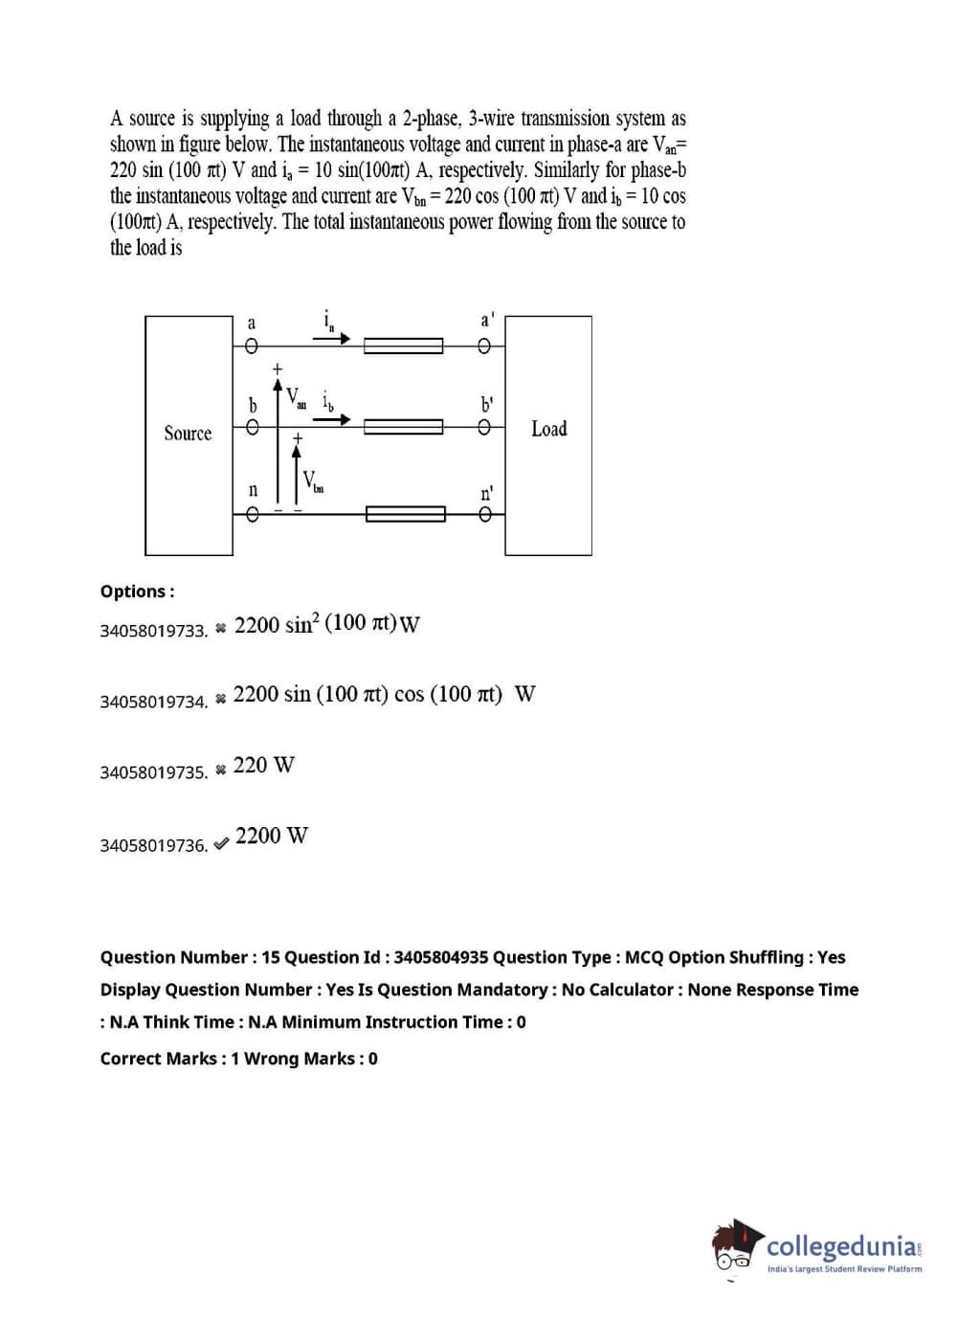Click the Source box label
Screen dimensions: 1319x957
click(x=188, y=434)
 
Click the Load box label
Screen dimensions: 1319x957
click(x=548, y=429)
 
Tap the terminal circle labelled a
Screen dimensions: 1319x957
click(x=252, y=347)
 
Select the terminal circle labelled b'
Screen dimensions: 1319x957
click(x=485, y=428)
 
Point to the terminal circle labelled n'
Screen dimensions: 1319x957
click(x=485, y=515)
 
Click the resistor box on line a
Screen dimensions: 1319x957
click(x=403, y=346)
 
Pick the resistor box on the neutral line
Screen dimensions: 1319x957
click(x=405, y=515)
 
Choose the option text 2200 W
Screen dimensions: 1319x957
click(x=272, y=836)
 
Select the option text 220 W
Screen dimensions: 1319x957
click(x=264, y=765)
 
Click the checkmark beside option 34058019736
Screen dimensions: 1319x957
click(x=221, y=843)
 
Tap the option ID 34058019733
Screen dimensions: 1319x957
click(x=153, y=631)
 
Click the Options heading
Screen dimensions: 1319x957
click(x=137, y=592)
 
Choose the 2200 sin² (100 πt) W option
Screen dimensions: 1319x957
click(x=326, y=624)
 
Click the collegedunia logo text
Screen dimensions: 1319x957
click(x=841, y=1246)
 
